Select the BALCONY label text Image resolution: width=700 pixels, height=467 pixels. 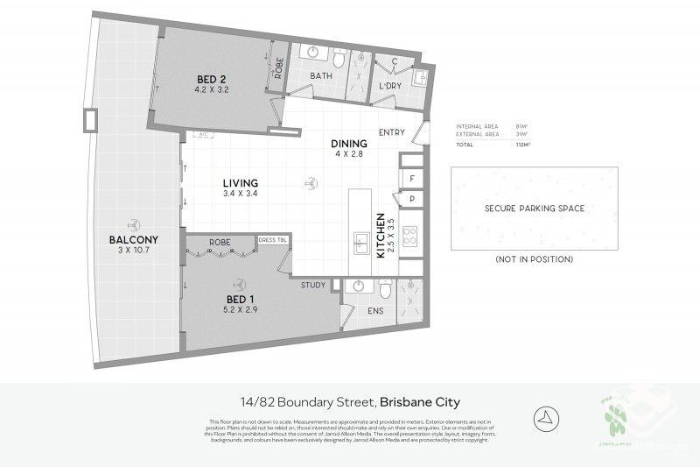point(133,241)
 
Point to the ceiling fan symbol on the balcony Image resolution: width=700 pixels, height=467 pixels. point(134,223)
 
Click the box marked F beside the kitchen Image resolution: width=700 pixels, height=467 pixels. point(412,179)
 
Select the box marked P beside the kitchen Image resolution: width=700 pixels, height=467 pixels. point(412,200)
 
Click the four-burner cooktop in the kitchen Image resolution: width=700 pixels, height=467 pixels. point(411,235)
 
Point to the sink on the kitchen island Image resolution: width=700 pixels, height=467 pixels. point(359,242)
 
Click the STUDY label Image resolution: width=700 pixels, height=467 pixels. point(312,286)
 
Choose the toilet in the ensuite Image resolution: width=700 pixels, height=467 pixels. point(385,289)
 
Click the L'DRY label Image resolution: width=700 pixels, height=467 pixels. point(389,86)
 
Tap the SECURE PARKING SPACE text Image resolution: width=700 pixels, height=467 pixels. point(534,209)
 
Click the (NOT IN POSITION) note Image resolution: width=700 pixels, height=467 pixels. point(534,259)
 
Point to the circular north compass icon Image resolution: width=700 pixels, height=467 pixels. point(543,415)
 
